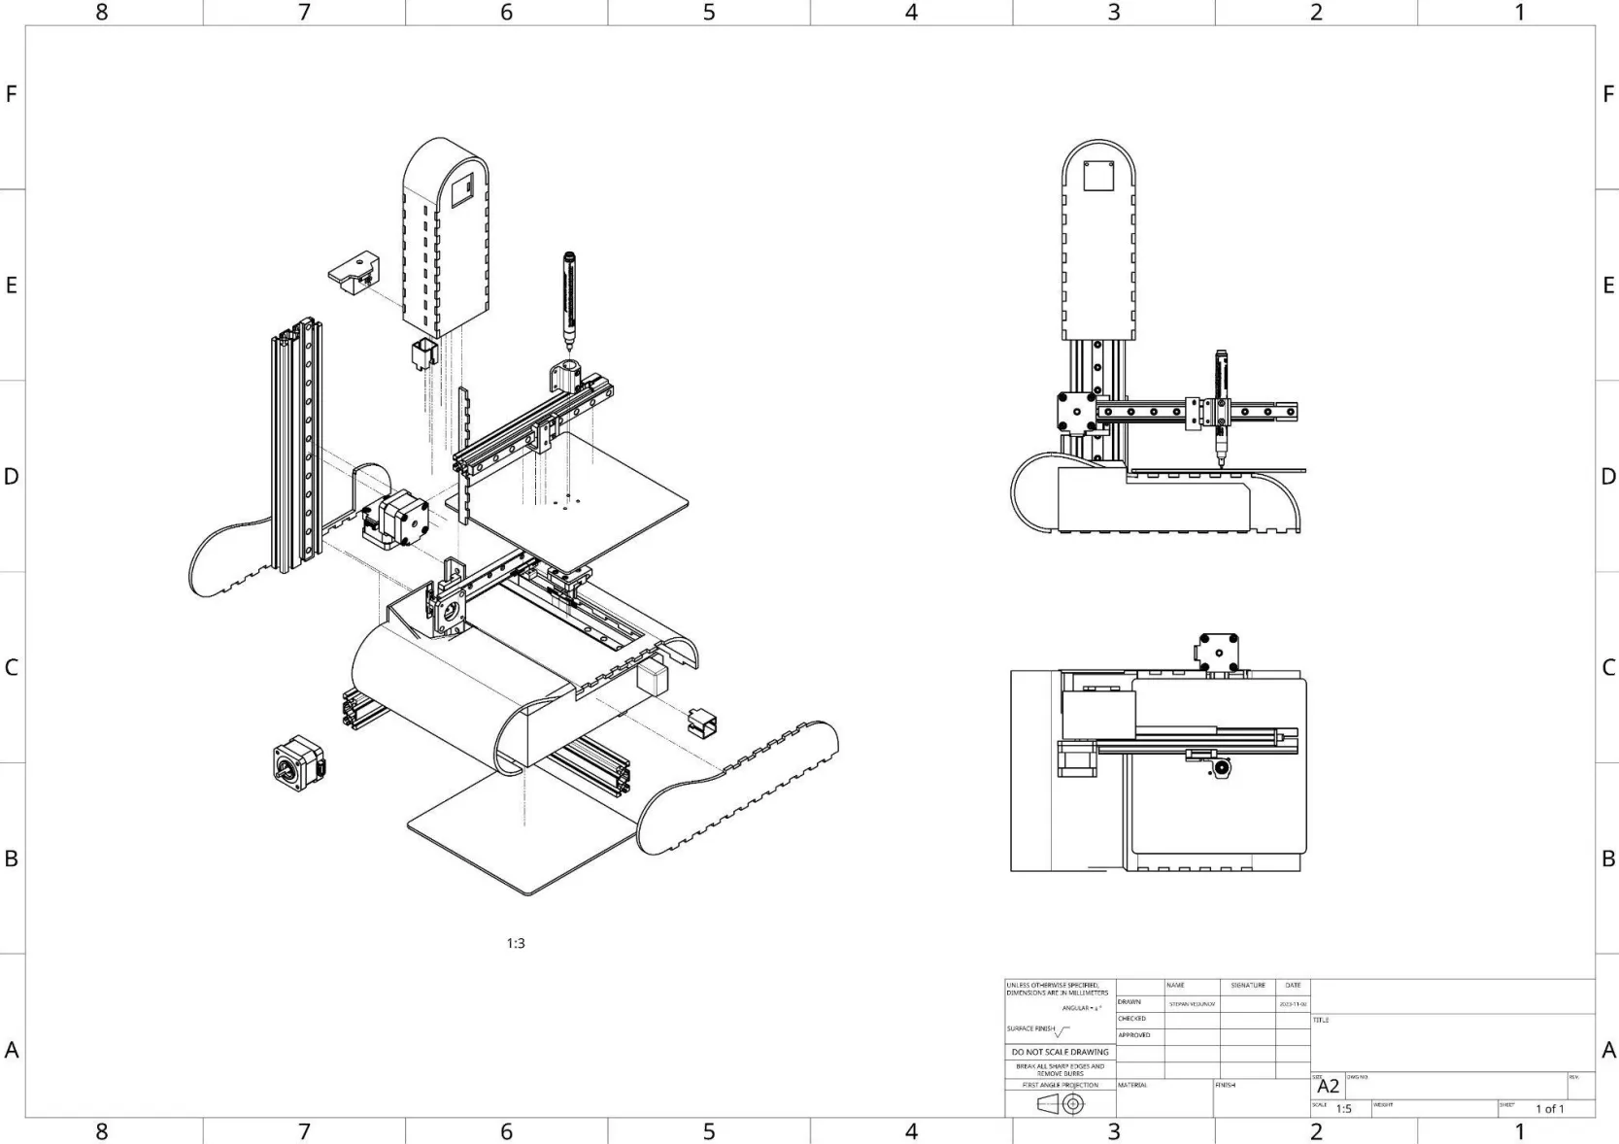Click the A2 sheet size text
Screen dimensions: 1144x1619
click(x=1328, y=1087)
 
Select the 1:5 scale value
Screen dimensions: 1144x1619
click(x=1343, y=1109)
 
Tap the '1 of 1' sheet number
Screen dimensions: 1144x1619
click(x=1549, y=1109)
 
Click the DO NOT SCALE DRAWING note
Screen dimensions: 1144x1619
click(x=1060, y=1052)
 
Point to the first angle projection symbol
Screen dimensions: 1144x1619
click(x=1061, y=1104)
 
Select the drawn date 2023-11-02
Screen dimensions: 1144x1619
click(x=1293, y=1003)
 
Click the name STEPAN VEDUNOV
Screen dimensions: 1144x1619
click(x=1192, y=1003)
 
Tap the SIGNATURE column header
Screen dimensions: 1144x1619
click(x=1247, y=985)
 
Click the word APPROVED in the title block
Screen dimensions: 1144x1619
click(x=1133, y=1035)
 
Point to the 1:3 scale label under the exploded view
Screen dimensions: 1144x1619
click(x=516, y=943)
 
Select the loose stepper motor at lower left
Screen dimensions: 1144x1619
click(x=298, y=761)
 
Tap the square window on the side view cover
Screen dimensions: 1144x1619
click(x=1098, y=176)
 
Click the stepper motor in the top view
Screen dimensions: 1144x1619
click(x=1218, y=652)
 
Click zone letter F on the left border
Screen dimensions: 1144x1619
click(x=12, y=94)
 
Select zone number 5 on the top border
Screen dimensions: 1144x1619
click(x=709, y=12)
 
